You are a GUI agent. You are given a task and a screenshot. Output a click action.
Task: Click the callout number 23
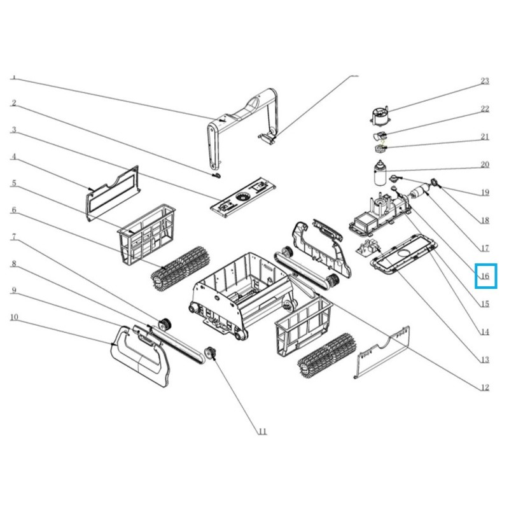pos(484,81)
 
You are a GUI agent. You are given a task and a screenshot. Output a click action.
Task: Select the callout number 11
pos(262,431)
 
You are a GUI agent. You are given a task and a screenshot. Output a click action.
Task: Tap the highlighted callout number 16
pos(484,276)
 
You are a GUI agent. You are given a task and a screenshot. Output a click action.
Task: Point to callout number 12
pos(484,387)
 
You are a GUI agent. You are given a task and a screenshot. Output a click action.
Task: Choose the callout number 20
pos(484,165)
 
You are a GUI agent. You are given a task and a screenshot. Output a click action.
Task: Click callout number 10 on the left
pos(14,317)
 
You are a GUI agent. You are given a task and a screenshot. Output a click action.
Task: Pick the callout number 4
pos(13,157)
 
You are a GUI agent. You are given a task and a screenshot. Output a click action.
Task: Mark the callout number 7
pos(13,237)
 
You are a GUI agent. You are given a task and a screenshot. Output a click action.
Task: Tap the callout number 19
pos(484,193)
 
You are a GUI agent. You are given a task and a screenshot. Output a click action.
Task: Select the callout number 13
pos(484,359)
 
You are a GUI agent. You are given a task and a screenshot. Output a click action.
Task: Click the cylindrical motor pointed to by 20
pos(380,172)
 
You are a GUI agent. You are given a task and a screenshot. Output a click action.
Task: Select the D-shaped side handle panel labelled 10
pos(140,356)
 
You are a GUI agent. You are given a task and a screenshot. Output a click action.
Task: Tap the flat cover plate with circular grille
pos(243,198)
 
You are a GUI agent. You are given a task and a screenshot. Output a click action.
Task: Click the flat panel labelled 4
pos(113,193)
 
